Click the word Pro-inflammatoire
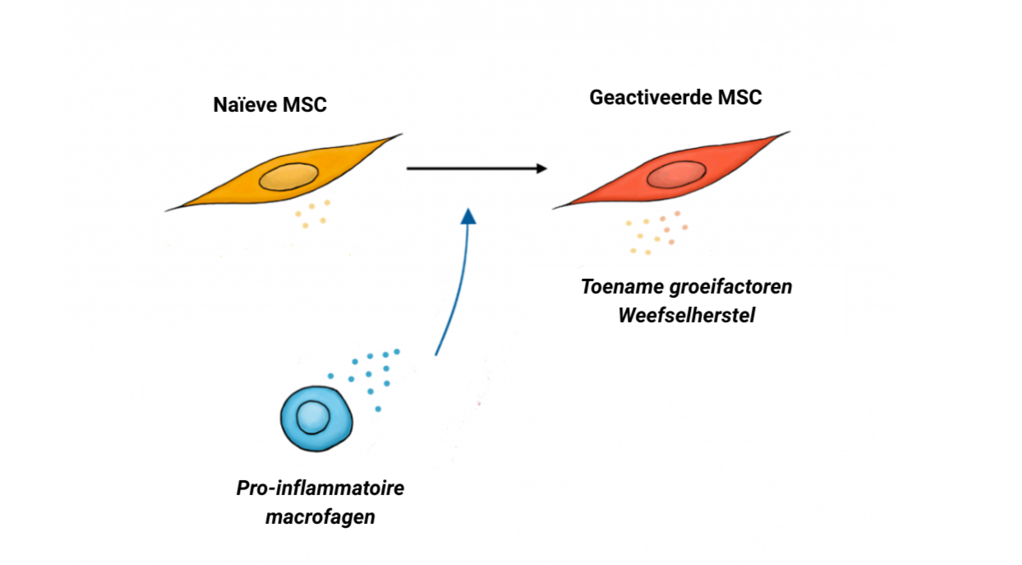(320, 489)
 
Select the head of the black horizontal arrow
(541, 169)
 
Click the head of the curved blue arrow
(468, 215)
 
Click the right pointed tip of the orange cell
(401, 135)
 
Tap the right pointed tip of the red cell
(789, 132)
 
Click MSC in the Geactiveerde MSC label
(739, 97)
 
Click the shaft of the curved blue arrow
(457, 296)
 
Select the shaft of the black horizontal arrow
(468, 169)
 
